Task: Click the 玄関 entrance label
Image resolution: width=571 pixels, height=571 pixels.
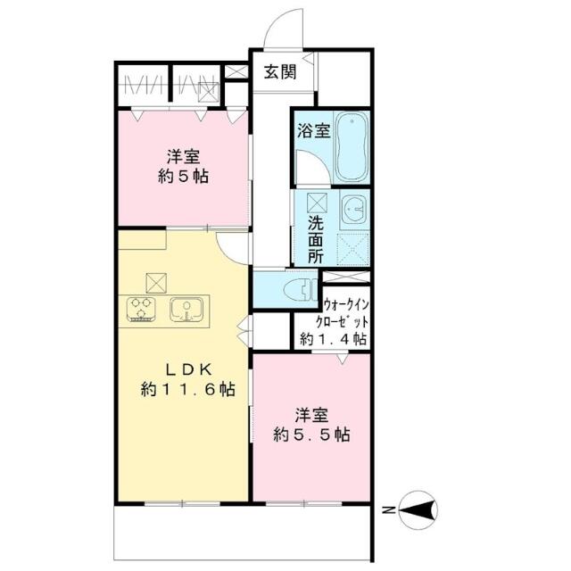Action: point(279,72)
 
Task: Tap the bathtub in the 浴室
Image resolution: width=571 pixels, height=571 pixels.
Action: point(352,146)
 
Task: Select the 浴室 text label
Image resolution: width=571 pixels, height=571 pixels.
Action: point(314,131)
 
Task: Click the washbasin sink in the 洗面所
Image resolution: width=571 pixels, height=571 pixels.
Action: point(355,210)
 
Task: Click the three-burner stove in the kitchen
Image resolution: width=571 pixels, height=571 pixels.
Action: point(141,310)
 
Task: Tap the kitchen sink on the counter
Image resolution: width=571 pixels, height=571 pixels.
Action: point(186,310)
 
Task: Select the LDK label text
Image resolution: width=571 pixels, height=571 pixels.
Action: point(188,370)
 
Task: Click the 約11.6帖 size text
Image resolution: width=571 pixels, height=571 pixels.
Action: point(188,390)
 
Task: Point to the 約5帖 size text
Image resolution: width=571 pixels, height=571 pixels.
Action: point(183,177)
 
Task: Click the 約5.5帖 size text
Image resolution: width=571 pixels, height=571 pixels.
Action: point(311,434)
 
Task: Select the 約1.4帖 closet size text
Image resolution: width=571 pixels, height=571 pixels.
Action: point(333,339)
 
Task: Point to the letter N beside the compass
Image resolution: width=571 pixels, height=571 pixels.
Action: point(389,510)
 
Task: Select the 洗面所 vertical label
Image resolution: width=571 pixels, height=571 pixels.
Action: point(315,240)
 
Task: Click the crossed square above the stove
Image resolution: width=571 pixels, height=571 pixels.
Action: point(156,283)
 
